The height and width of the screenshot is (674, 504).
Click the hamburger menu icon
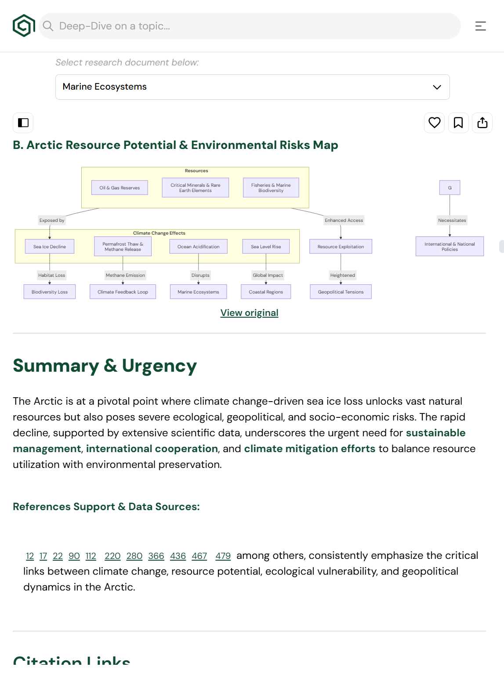tap(480, 26)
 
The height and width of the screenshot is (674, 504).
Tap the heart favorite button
tap(434, 123)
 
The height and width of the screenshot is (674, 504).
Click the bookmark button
tap(458, 123)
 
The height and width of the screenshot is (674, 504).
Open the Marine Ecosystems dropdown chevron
tap(437, 87)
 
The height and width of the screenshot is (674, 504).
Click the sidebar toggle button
tap(23, 123)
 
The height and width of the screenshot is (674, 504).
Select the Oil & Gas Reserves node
tap(120, 188)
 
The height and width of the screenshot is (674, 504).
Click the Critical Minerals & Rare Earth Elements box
tap(195, 188)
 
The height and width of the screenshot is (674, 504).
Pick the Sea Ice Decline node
tap(50, 246)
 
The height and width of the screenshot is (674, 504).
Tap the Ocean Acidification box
tap(198, 246)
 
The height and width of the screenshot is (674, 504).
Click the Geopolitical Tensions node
tap(341, 292)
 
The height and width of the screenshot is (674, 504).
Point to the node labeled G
tap(450, 188)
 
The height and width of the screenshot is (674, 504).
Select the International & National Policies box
tap(450, 246)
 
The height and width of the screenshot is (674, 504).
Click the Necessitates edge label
tap(452, 221)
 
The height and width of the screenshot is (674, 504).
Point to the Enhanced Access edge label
tap(344, 221)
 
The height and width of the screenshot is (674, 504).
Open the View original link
tap(249, 313)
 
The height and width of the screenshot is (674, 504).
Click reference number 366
tap(156, 556)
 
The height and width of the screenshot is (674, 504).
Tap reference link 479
tap(223, 556)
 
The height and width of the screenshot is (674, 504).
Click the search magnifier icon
tap(48, 26)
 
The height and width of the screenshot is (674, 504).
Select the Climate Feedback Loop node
tap(123, 292)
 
